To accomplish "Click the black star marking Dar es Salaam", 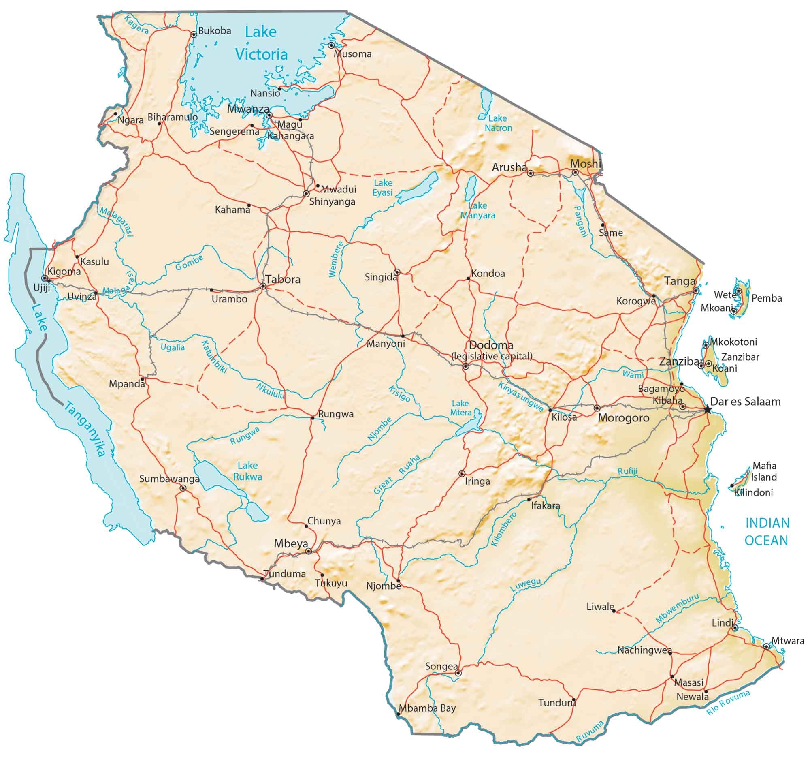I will [707, 410].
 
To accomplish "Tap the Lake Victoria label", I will [261, 43].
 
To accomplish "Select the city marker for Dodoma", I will [466, 366].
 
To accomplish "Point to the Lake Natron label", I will [498, 123].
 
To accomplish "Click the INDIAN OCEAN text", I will [766, 532].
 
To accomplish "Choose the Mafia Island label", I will [764, 471].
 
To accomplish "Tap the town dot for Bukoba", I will [194, 35].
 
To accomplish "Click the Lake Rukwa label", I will [248, 471].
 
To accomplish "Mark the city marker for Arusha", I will [531, 173].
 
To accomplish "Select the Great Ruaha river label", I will [397, 475].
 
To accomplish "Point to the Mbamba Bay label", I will [427, 708].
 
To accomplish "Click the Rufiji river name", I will [627, 471].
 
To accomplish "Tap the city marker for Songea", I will [458, 673].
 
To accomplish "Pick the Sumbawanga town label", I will [169, 479].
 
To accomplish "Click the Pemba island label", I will [766, 298].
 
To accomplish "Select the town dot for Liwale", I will [614, 611].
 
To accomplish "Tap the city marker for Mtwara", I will [766, 646].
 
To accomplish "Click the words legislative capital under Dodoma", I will [492, 356].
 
